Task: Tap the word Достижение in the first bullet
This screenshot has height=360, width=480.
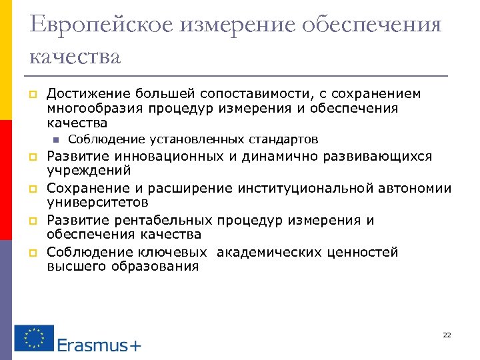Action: click(x=88, y=93)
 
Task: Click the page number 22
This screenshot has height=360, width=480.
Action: click(x=447, y=335)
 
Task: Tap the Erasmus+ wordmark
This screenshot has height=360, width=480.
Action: click(x=99, y=345)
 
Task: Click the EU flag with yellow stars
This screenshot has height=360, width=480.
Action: click(x=34, y=337)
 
